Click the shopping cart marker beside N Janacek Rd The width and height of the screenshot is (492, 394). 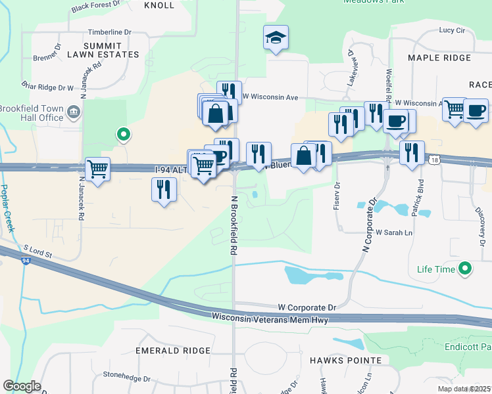(x=98, y=169)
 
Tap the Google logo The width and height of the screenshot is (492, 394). (x=22, y=386)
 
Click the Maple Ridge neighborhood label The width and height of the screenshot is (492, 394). (x=439, y=58)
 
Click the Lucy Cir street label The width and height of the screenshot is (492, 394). (x=452, y=30)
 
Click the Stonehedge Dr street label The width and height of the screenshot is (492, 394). (x=127, y=378)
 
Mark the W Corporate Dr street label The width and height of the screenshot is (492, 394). (x=307, y=307)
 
